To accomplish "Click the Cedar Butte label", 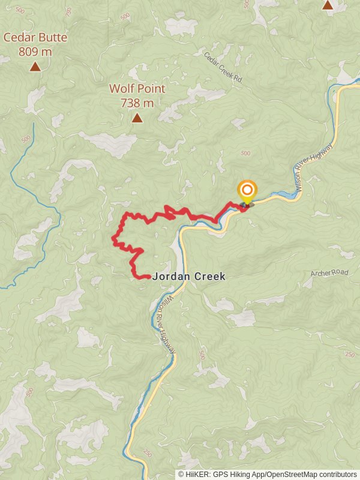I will (35, 37).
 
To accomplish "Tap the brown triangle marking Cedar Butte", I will (35, 67).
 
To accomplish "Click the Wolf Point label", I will (137, 89).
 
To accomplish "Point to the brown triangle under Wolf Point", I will (137, 118).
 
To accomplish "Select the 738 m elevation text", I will (137, 103).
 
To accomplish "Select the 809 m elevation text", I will (35, 52).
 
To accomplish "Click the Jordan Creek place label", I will (189, 277).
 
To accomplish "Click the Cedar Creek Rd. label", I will (222, 67).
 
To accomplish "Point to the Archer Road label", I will (329, 273).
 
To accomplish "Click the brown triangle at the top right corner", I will (328, 5).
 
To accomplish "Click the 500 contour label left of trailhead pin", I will (245, 154).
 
